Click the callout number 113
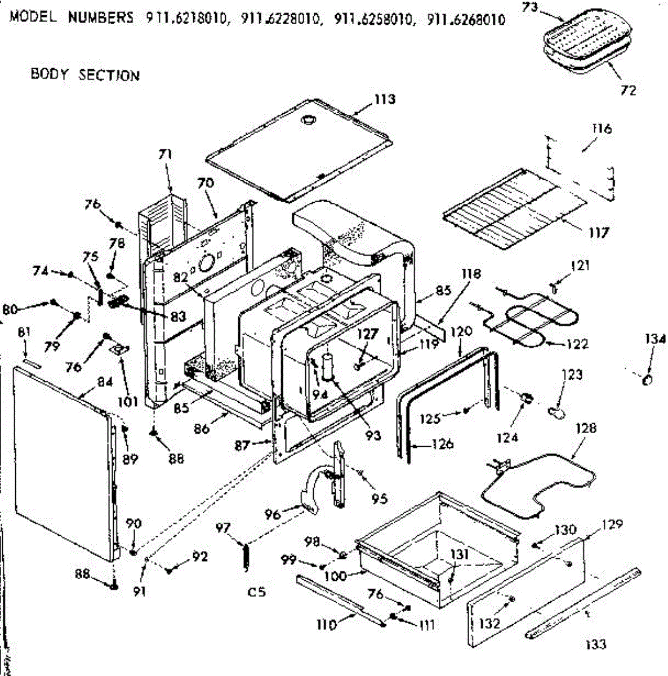click(x=385, y=100)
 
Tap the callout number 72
click(x=628, y=90)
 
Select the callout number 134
click(x=655, y=339)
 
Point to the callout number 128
click(x=586, y=428)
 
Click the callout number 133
click(x=595, y=644)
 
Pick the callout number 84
click(x=105, y=382)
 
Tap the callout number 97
click(x=223, y=528)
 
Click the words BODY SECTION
click(x=85, y=75)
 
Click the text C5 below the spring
click(x=256, y=592)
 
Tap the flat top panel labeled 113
click(x=299, y=149)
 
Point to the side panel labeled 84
click(x=62, y=462)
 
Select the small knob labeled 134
click(x=647, y=381)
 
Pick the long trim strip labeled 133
click(x=583, y=603)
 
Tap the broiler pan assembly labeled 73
click(x=580, y=42)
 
